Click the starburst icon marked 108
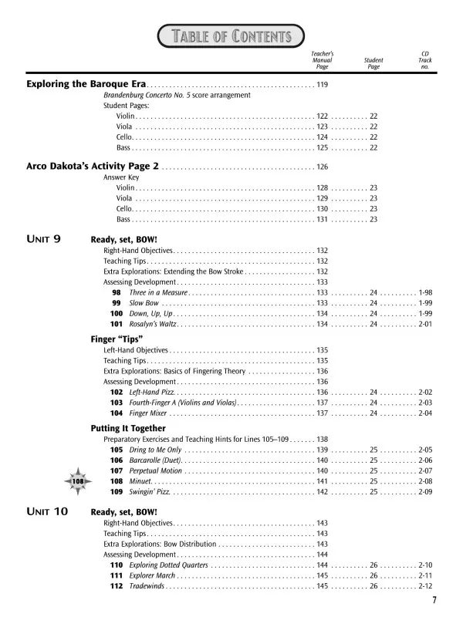click(x=78, y=480)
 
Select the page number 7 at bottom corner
click(x=434, y=602)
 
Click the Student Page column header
click(x=373, y=63)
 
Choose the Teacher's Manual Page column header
click(x=322, y=59)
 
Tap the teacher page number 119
click(x=323, y=84)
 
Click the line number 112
click(x=117, y=586)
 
